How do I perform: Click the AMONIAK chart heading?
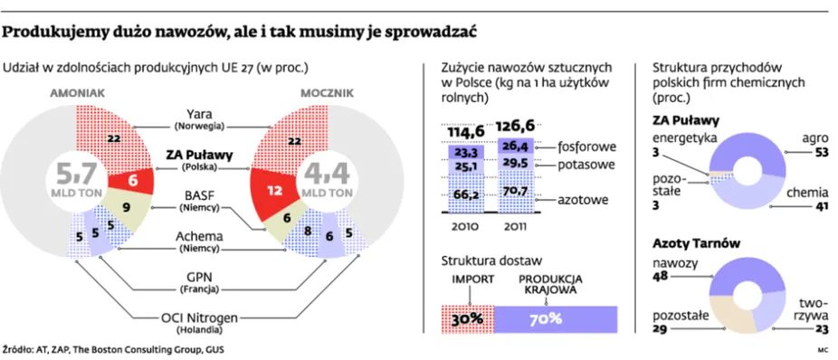(79, 92)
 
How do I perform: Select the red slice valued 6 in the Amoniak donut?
(133, 180)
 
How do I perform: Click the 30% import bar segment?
(468, 318)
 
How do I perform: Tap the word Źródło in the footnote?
(20, 347)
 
